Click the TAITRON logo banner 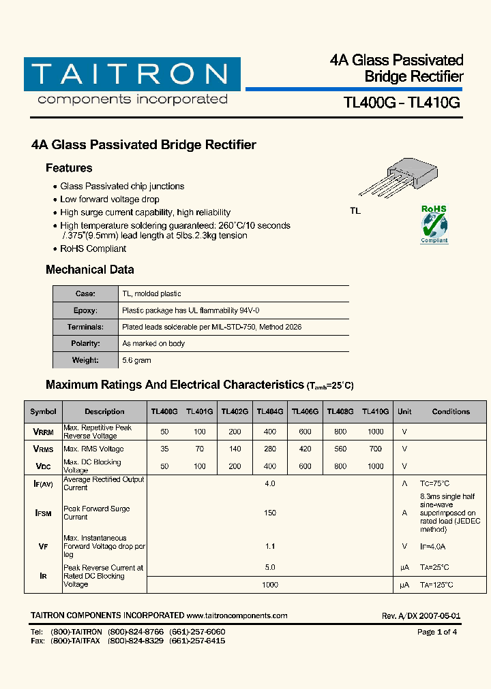[132, 74]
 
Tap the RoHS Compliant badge [434, 224]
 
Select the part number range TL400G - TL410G [402, 103]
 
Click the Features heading [69, 168]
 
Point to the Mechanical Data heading [89, 270]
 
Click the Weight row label [86, 360]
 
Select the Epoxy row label [86, 310]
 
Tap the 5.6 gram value [136, 360]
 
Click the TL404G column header [270, 412]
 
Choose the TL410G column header [375, 412]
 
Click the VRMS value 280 [270, 449]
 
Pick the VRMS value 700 [375, 449]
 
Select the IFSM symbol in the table [43, 513]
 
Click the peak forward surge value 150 [270, 513]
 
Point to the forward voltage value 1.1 [270, 546]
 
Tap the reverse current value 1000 [270, 585]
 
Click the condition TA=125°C [436, 585]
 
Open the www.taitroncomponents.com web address [237, 615]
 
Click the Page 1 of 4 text [437, 632]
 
